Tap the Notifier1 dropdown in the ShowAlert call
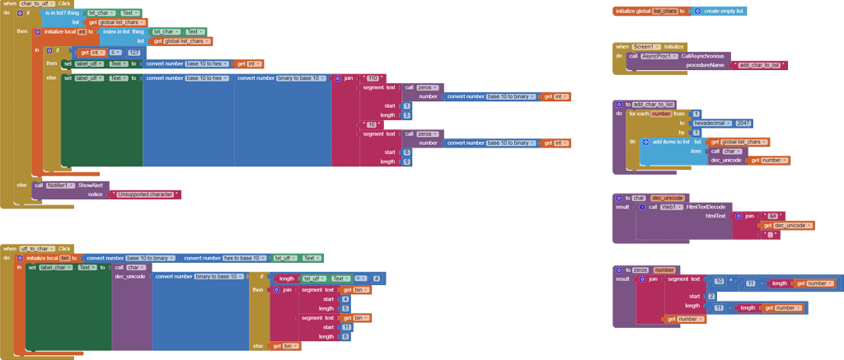pyautogui.click(x=61, y=185)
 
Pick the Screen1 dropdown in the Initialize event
pyautogui.click(x=647, y=47)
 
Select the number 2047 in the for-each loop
pyautogui.click(x=743, y=123)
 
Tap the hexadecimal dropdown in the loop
pyautogui.click(x=713, y=123)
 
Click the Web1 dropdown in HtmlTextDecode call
pyautogui.click(x=671, y=208)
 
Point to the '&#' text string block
pyautogui.click(x=771, y=216)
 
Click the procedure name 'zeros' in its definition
pyautogui.click(x=640, y=270)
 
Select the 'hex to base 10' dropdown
pyautogui.click(x=236, y=258)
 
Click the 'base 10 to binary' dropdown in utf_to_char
pyautogui.click(x=152, y=258)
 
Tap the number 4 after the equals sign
pyautogui.click(x=376, y=278)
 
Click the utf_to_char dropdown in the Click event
pyautogui.click(x=35, y=248)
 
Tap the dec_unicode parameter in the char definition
pyautogui.click(x=668, y=199)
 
